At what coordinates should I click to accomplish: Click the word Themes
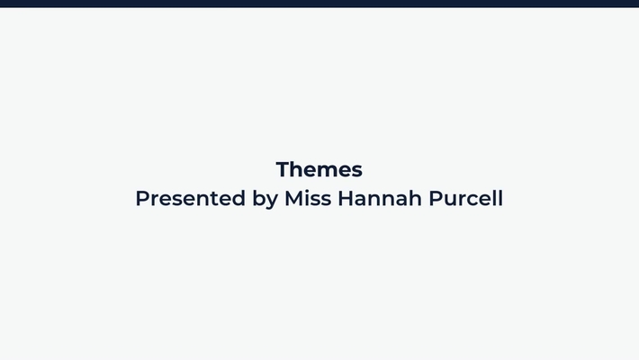pyautogui.click(x=319, y=169)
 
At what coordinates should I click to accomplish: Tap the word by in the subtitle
pyautogui.click(x=265, y=199)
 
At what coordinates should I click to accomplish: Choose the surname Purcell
pyautogui.click(x=465, y=198)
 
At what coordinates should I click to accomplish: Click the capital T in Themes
pyautogui.click(x=283, y=169)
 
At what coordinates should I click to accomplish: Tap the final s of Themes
pyautogui.click(x=356, y=171)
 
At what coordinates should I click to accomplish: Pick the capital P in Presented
pyautogui.click(x=142, y=198)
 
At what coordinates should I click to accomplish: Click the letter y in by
pyautogui.click(x=272, y=201)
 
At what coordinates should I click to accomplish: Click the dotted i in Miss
pyautogui.click(x=308, y=198)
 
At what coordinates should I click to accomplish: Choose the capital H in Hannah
pyautogui.click(x=346, y=198)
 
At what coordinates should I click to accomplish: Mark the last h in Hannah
pyautogui.click(x=415, y=198)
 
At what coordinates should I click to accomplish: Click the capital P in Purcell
pyautogui.click(x=435, y=198)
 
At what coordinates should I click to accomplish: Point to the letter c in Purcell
pyautogui.click(x=472, y=200)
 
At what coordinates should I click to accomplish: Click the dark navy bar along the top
pyautogui.click(x=319, y=4)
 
